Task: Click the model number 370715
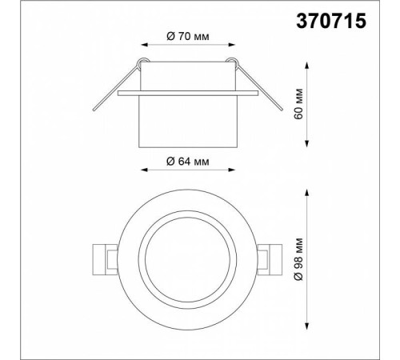331,21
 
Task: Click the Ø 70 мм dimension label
188,36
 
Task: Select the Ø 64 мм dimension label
188,162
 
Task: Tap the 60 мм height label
299,104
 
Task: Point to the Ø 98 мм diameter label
299,259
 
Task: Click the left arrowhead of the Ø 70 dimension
144,45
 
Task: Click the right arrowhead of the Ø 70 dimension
232,45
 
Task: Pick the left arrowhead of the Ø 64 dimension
144,170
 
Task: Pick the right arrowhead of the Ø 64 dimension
232,170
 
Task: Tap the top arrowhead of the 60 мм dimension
307,66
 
